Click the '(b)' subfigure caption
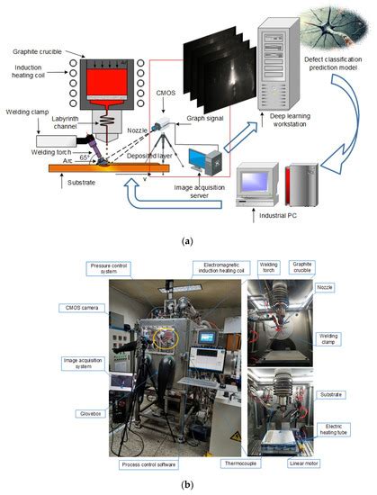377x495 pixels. tap(187, 487)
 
